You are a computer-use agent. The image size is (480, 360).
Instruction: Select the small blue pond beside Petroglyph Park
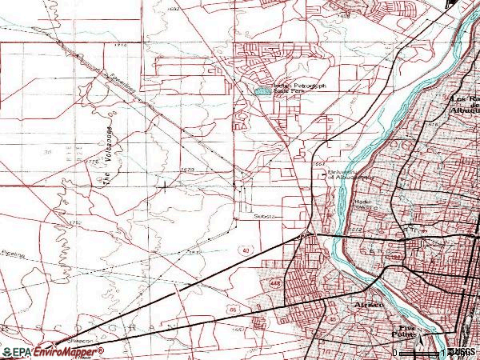coord(262,91)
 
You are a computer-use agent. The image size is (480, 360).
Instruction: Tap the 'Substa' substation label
coord(263,216)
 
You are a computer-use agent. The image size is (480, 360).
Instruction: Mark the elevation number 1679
coord(187,170)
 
